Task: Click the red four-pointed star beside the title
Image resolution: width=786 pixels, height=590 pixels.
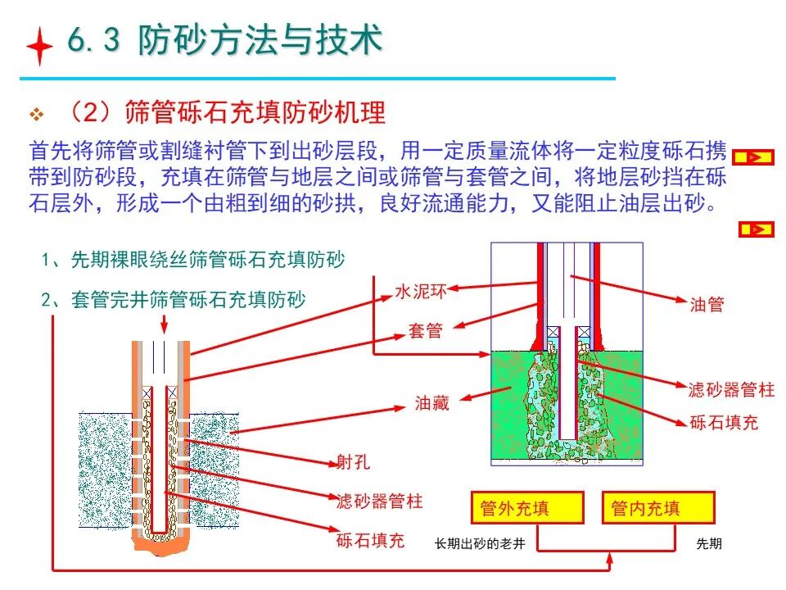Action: [x=39, y=46]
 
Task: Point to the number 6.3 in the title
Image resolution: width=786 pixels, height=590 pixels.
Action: [x=93, y=39]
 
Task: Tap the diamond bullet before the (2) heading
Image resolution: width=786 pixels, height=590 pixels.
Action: [x=36, y=115]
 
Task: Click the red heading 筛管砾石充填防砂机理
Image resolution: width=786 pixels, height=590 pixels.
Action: [x=255, y=112]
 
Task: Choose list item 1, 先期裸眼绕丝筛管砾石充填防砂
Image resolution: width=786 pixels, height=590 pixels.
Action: [x=193, y=260]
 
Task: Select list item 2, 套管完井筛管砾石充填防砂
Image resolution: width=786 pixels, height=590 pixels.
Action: [x=174, y=300]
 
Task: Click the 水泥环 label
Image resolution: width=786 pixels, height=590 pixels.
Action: [x=421, y=292]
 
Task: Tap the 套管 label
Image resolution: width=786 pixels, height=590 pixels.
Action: [x=425, y=330]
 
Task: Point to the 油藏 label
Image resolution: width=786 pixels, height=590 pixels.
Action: [x=431, y=403]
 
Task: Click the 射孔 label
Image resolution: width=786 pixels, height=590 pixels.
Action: [x=354, y=461]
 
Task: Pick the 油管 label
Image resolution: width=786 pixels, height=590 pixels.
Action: [x=707, y=304]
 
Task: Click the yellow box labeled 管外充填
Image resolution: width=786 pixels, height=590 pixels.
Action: [x=527, y=508]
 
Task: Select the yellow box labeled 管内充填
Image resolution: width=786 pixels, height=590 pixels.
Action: [x=658, y=508]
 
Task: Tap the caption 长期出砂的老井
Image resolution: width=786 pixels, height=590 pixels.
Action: [x=480, y=543]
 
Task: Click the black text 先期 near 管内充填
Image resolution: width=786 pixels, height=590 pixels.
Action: [x=709, y=543]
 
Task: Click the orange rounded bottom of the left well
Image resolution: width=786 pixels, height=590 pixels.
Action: [x=161, y=543]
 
